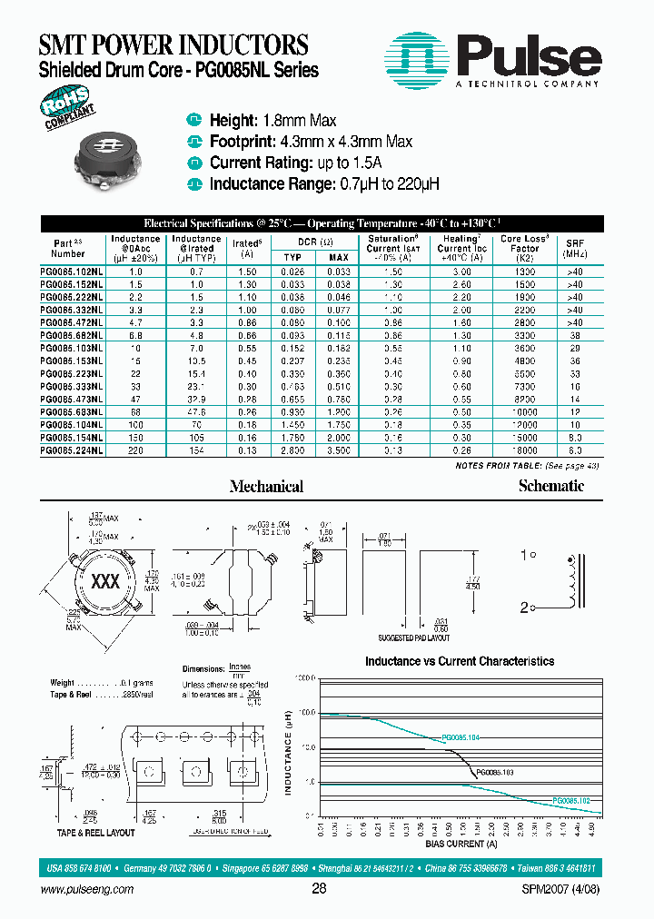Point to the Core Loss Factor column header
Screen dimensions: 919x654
pos(524,248)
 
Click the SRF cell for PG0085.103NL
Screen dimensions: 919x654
pos(575,348)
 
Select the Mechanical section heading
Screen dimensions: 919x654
pos(266,487)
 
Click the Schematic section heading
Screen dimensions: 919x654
pos(550,486)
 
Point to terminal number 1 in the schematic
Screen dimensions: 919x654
pos(523,555)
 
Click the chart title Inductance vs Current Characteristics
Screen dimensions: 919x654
pos(459,661)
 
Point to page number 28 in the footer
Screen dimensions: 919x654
pos(319,889)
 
